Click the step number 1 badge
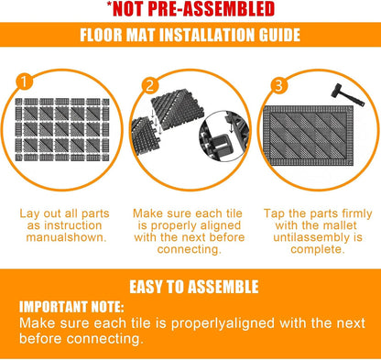[x=25, y=82]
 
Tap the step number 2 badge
[x=150, y=85]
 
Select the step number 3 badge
[x=278, y=86]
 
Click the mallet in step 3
[x=348, y=94]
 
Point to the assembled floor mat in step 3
[x=309, y=136]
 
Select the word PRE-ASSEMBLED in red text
[x=211, y=9]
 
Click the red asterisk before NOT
[x=109, y=5]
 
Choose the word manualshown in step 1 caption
[x=67, y=237]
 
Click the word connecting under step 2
[x=190, y=249]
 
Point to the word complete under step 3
[x=318, y=249]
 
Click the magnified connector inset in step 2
[x=224, y=136]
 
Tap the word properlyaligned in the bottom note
[x=223, y=323]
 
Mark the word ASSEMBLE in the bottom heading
[x=223, y=287]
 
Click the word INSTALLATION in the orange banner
[x=209, y=35]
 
